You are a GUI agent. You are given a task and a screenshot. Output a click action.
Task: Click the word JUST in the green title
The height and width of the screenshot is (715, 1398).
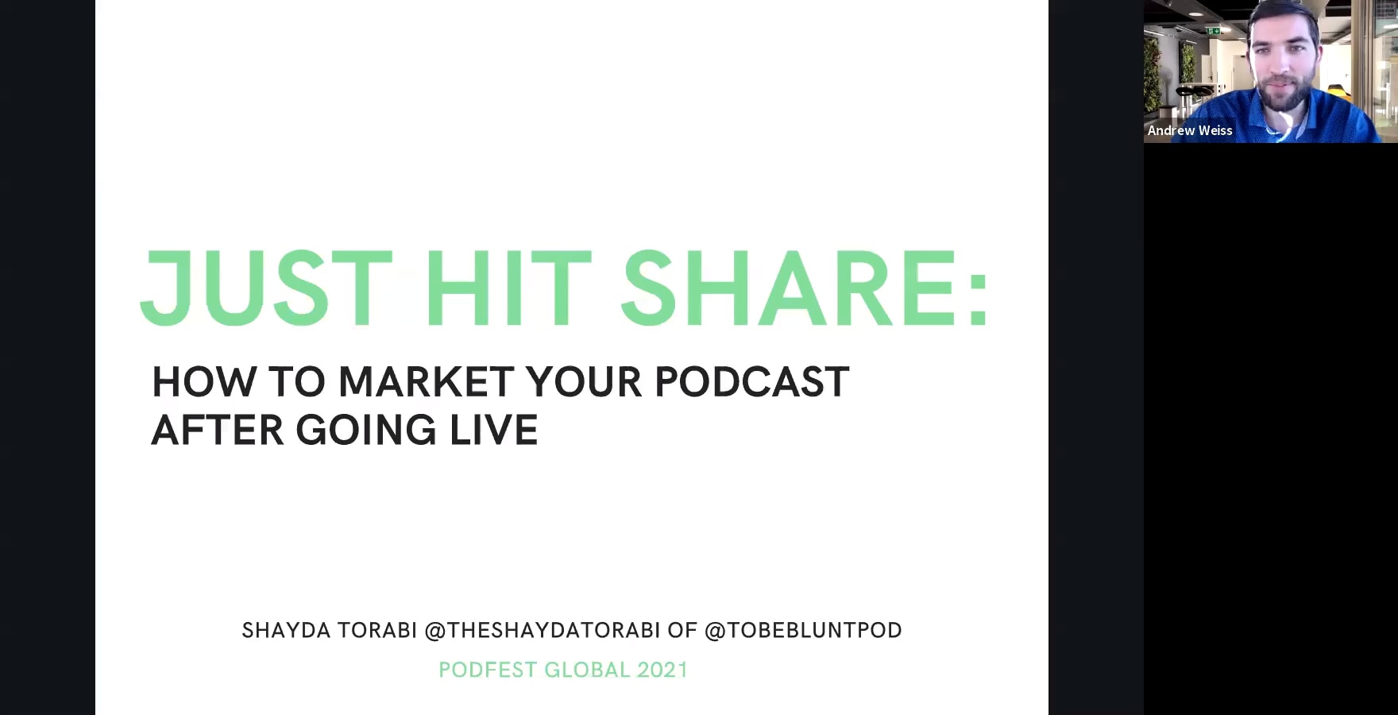click(266, 288)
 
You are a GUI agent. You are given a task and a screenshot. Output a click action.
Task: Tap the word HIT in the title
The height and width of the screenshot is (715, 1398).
click(508, 288)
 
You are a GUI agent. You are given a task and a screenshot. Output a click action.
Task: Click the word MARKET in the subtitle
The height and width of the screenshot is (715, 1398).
click(426, 382)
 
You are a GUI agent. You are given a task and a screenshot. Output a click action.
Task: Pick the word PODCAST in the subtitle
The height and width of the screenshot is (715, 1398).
click(751, 382)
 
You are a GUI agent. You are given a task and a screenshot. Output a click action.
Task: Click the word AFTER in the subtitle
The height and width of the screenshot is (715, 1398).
click(217, 431)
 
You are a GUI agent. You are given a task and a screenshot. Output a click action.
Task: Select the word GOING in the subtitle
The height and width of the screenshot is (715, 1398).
click(366, 431)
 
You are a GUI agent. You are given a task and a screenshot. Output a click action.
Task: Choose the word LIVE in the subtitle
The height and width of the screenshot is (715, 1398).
click(494, 431)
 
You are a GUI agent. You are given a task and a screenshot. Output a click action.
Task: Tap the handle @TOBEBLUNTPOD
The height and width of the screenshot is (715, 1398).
click(803, 631)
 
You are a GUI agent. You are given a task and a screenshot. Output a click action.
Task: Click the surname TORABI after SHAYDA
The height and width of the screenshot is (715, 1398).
click(377, 631)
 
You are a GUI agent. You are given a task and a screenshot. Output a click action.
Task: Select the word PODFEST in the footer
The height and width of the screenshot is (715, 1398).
click(488, 671)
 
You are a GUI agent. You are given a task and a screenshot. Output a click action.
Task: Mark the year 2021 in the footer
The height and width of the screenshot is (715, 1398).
click(662, 671)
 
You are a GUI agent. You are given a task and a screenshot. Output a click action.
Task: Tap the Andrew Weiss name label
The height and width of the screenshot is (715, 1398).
click(1190, 131)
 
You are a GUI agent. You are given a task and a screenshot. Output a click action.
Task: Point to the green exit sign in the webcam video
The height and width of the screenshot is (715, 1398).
click(1213, 31)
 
